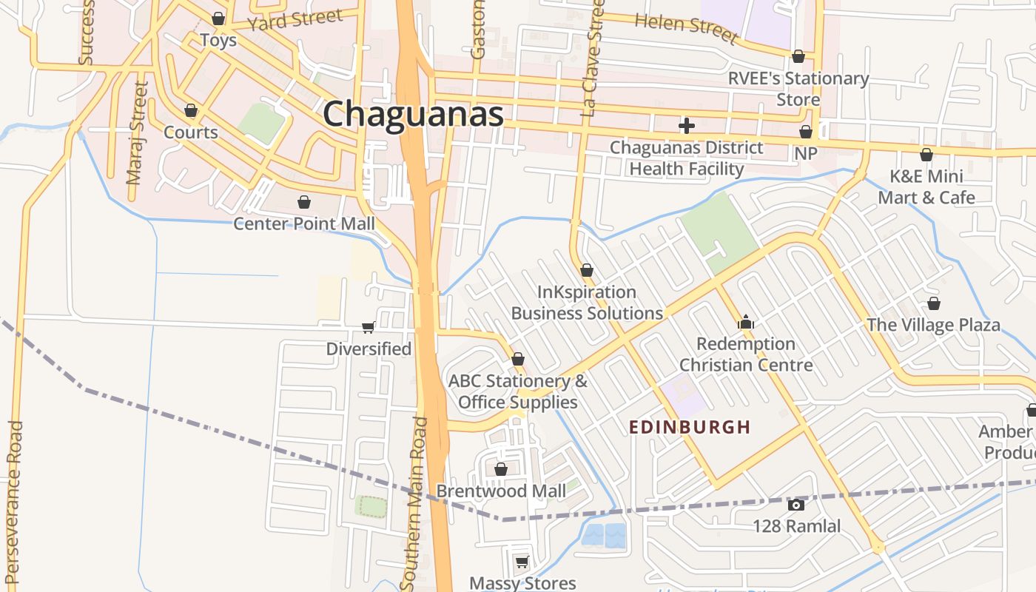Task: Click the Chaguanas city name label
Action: coord(413,115)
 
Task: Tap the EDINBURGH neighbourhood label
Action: coord(690,427)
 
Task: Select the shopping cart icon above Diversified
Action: coord(368,327)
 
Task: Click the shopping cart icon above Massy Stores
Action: coord(522,562)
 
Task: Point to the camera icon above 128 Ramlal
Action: coord(796,505)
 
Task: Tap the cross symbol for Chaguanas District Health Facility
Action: coord(687,126)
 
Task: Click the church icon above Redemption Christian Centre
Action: coord(746,322)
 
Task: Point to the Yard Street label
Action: coord(295,19)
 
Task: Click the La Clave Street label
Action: coord(592,59)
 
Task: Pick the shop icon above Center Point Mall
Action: coord(304,202)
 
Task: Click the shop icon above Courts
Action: coord(191,111)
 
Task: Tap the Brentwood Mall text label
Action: coord(501,491)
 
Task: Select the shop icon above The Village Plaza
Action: coord(934,304)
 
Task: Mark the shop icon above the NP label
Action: coord(806,132)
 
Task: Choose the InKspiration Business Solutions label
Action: coord(587,303)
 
